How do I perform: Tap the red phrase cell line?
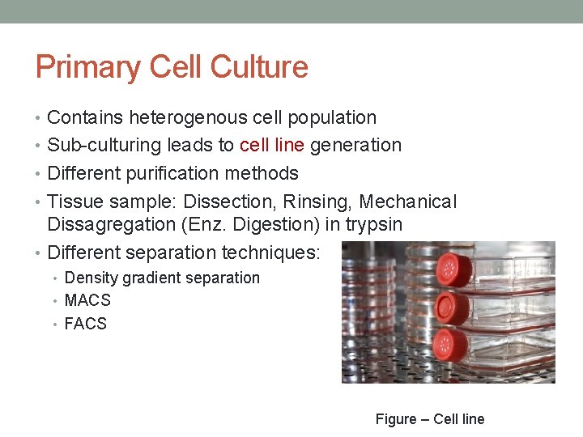click(272, 146)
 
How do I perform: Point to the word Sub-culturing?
click(104, 146)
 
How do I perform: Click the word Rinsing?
click(318, 202)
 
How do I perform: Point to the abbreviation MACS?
click(87, 300)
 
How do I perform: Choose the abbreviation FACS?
click(86, 324)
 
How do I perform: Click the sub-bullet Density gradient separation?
click(162, 278)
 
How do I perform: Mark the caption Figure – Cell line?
click(430, 419)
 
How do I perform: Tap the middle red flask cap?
click(451, 308)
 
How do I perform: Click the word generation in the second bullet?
click(357, 146)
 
